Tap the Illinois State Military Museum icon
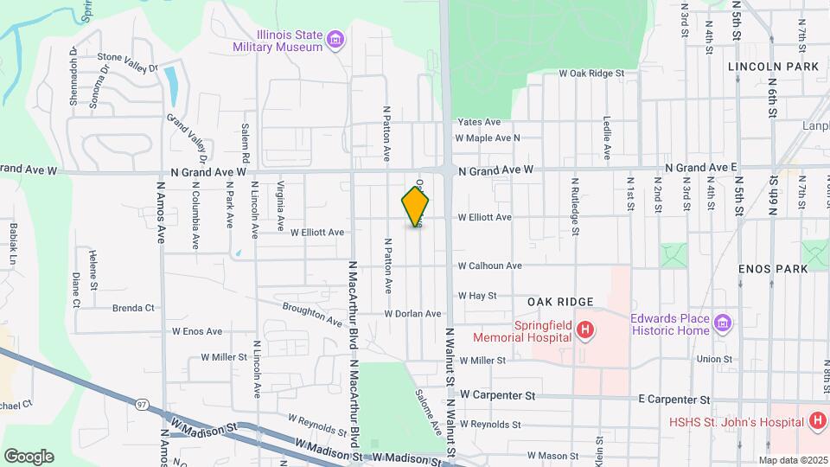pyautogui.click(x=335, y=39)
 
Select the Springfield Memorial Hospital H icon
pyautogui.click(x=585, y=329)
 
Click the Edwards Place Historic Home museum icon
pyautogui.click(x=724, y=325)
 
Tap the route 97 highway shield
pyautogui.click(x=142, y=403)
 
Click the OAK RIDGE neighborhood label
pyautogui.click(x=560, y=302)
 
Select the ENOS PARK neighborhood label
pyautogui.click(x=773, y=269)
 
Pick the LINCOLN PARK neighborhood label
pyautogui.click(x=773, y=67)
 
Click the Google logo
pyautogui.click(x=29, y=456)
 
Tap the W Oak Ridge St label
pyautogui.click(x=591, y=74)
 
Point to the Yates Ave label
pyautogui.click(x=479, y=122)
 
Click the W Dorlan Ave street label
pyautogui.click(x=412, y=314)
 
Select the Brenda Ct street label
pyautogui.click(x=133, y=307)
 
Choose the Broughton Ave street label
pyautogui.click(x=312, y=315)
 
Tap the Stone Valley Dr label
pyautogui.click(x=128, y=61)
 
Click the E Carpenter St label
pyautogui.click(x=674, y=400)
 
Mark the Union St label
pyautogui.click(x=715, y=359)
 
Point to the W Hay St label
pyautogui.click(x=477, y=295)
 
